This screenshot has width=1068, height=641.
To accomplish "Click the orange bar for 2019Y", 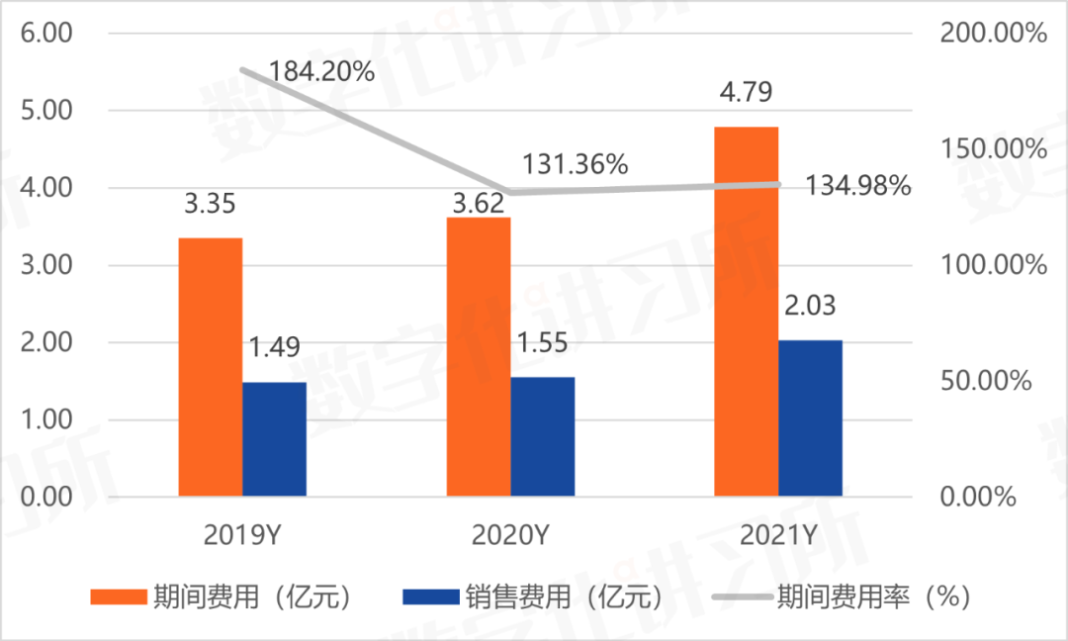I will [211, 366].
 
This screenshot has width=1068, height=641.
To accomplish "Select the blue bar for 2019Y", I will [274, 438].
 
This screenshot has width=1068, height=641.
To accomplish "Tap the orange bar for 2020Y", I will [479, 356].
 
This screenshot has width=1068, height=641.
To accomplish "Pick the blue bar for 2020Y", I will [542, 435].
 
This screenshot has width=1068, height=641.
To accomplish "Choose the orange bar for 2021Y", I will [747, 311].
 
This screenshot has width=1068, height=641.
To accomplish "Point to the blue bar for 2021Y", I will [811, 417].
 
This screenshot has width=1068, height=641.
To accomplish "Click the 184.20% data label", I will [321, 71].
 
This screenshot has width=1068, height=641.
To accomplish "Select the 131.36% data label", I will [576, 164].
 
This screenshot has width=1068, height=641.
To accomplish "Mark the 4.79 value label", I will [747, 92].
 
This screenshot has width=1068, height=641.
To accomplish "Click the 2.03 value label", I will [811, 306].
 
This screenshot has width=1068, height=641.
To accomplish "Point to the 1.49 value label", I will [274, 348].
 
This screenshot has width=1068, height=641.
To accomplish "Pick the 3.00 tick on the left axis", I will [46, 265].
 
